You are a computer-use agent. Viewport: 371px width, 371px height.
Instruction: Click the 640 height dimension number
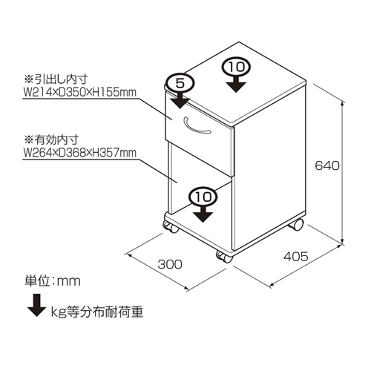pos(327,165)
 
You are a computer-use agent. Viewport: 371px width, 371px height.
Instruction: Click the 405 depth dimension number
pos(296,256)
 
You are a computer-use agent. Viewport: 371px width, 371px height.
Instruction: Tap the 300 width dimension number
pos(170,264)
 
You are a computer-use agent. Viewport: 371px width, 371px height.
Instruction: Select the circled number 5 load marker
pos(180,83)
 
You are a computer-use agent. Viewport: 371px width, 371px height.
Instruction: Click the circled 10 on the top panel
pos(236,67)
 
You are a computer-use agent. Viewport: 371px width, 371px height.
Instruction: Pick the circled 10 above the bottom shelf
pos(203,197)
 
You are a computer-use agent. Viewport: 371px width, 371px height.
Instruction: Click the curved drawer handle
pos(196,127)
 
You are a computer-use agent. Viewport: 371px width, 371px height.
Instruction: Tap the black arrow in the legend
pos(36,305)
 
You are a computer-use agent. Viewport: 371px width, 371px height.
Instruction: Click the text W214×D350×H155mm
pos(79,93)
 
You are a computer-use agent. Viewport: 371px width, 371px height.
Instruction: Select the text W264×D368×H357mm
pos(79,153)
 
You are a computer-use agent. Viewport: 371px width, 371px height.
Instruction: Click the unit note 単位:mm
pos(53,281)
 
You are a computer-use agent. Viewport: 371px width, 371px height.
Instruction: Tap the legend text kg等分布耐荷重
pos(97,312)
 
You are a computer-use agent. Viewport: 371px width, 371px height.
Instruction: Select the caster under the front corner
pos(225,257)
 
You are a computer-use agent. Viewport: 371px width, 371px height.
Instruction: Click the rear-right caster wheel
pos(296,225)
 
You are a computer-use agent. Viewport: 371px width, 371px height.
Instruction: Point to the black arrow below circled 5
pos(180,100)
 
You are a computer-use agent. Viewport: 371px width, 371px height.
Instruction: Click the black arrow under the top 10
pos(236,84)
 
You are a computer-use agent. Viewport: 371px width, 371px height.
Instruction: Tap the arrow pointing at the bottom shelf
pos(203,214)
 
